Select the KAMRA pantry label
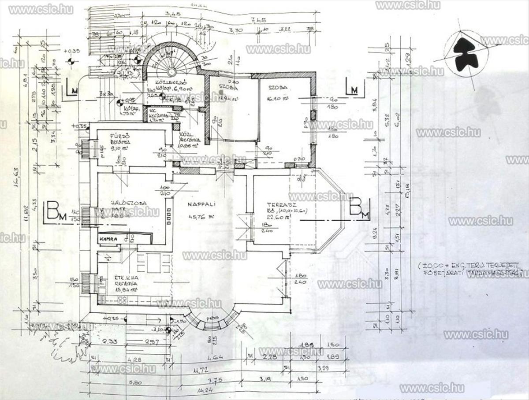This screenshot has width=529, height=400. pos(108,238)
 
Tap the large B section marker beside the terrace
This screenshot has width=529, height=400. pos(358,208)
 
